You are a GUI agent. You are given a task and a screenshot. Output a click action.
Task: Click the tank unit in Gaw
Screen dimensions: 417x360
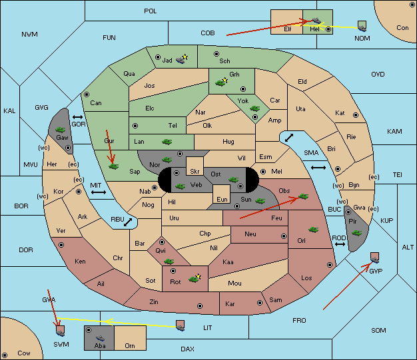[x=61, y=130]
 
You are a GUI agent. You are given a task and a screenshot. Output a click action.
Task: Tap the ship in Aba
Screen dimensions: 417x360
[x=101, y=338]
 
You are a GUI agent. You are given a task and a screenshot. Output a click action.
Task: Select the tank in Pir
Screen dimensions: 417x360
[x=356, y=233]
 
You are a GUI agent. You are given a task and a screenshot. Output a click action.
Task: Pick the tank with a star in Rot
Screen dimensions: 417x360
[x=195, y=278]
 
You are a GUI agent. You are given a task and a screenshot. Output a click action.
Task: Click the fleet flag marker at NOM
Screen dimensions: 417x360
[x=362, y=27]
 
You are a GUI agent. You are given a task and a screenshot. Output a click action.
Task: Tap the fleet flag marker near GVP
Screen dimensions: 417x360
[x=375, y=258]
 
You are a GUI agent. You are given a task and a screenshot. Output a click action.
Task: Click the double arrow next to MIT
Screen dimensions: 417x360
[x=99, y=192]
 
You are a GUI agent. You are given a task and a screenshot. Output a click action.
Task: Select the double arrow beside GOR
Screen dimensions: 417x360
[x=77, y=117]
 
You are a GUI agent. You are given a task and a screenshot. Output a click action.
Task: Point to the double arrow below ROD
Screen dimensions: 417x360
[x=340, y=244]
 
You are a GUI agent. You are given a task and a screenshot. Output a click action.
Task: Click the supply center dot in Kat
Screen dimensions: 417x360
[x=356, y=115]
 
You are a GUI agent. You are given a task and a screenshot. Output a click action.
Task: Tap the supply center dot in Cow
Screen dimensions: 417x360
[x=5, y=355]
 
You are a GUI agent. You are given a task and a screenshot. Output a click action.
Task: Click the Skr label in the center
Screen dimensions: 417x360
[x=195, y=172]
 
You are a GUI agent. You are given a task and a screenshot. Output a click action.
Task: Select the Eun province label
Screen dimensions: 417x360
[x=222, y=199]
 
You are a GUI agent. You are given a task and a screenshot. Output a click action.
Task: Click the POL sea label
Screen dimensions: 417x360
[x=151, y=11]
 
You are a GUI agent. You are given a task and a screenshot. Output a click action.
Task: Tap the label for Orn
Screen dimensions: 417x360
[x=130, y=345]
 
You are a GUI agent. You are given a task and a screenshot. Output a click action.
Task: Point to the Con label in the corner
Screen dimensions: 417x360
[x=402, y=28]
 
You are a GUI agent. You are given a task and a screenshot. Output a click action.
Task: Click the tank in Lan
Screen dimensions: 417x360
[x=167, y=142]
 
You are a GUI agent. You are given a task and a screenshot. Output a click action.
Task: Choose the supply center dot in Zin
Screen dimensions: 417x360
[x=200, y=306]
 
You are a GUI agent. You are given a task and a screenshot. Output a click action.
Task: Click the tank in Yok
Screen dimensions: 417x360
[x=254, y=108]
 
